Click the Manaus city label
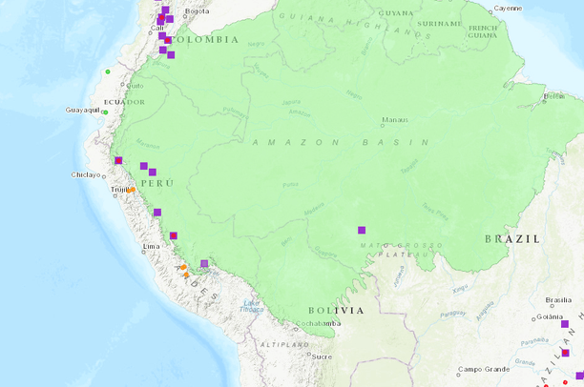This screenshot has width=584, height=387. point(395,120)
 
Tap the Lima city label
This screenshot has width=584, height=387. point(151,247)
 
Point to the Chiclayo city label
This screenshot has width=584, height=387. point(86,174)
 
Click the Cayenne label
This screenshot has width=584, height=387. point(508,8)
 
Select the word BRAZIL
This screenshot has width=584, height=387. point(511,238)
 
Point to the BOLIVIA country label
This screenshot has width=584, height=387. point(336,311)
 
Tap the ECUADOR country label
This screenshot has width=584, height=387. point(124,102)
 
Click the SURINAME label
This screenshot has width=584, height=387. point(440,23)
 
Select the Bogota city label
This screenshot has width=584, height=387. point(197,10)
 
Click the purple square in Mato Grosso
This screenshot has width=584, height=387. point(362,230)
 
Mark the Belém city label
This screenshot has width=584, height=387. point(553,95)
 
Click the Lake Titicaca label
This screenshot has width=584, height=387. point(251,305)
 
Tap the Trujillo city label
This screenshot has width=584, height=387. point(119,190)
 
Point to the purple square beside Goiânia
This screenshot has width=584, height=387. point(565,325)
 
